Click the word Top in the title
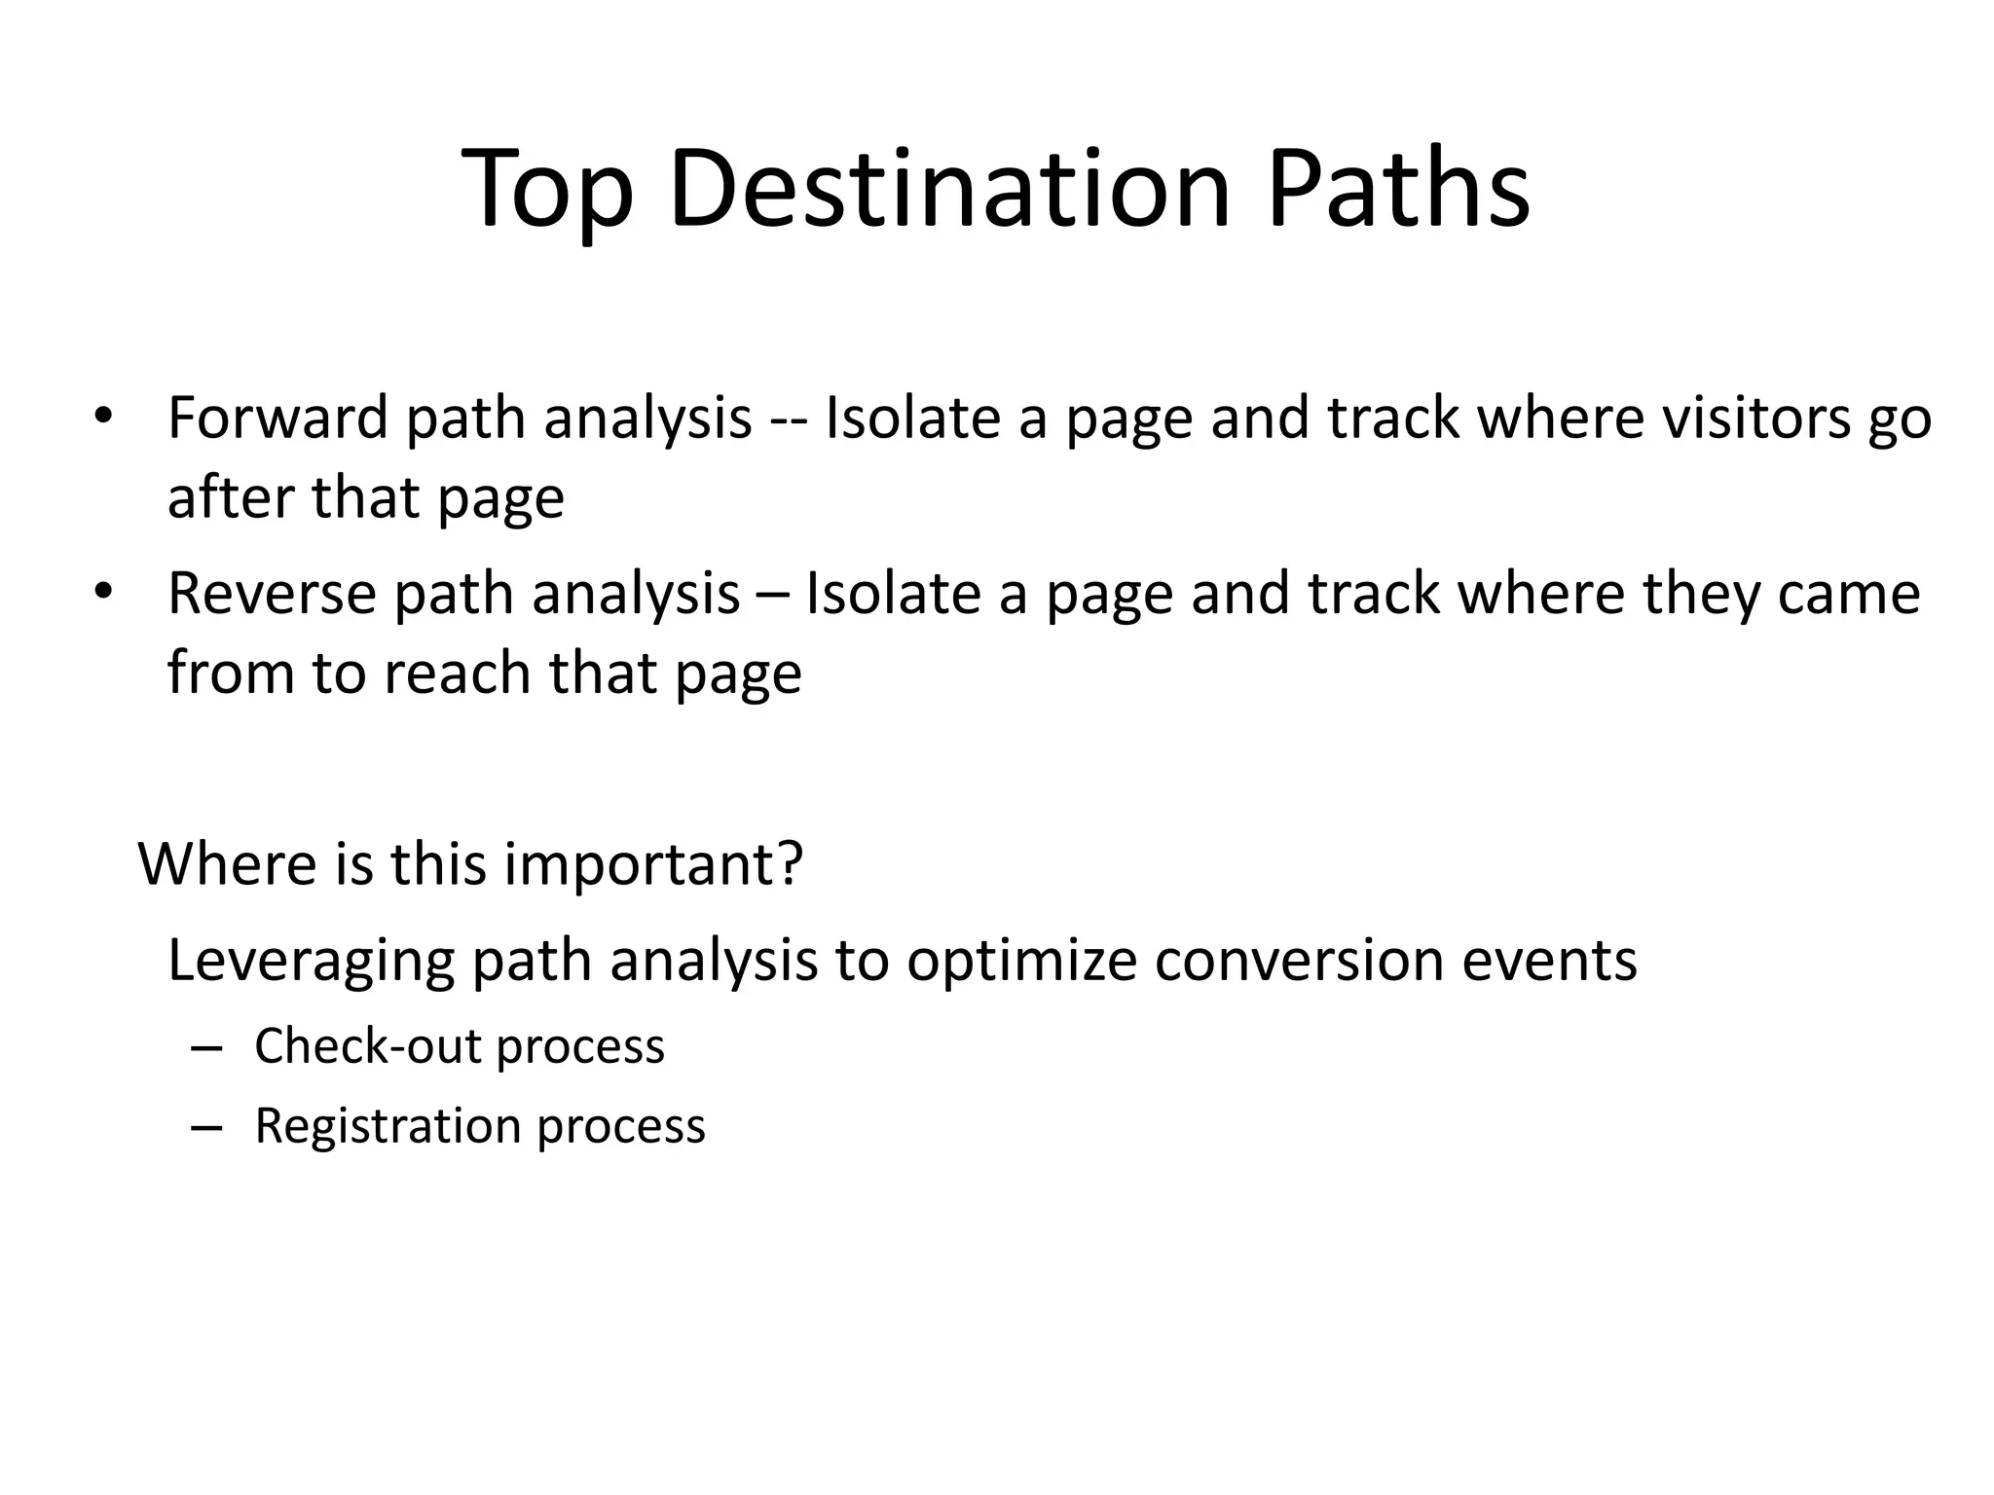click(x=548, y=190)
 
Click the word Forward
click(x=277, y=418)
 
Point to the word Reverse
click(x=272, y=594)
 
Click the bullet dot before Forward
click(x=103, y=419)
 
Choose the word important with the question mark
click(x=652, y=864)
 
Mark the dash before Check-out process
click(x=207, y=1048)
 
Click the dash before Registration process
click(x=207, y=1128)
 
